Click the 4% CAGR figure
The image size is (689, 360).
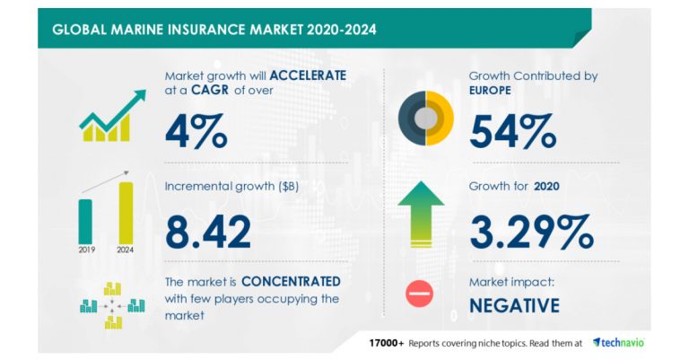[196, 129]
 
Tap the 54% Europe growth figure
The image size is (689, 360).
[512, 129]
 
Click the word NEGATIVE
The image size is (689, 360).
[514, 305]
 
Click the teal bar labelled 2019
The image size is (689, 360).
[85, 221]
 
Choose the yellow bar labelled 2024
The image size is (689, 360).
[126, 213]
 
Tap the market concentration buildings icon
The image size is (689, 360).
[111, 303]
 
